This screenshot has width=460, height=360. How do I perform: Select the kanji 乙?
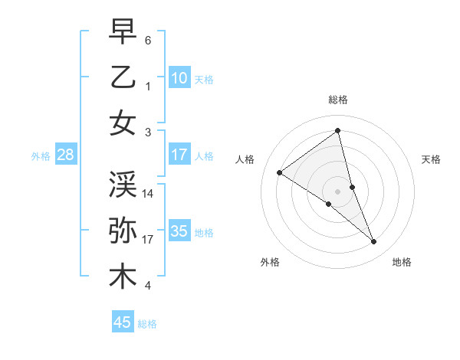(123, 77)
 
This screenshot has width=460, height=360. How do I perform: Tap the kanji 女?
(123, 123)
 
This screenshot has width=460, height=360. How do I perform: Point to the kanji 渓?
(123, 183)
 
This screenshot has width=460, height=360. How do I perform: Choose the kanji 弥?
(123, 230)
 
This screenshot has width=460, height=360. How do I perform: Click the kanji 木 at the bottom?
(123, 277)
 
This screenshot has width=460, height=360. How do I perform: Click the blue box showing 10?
(179, 77)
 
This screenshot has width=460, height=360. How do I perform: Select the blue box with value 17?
(179, 155)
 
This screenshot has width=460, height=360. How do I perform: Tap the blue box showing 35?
(179, 231)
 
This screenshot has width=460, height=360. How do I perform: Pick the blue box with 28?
(65, 155)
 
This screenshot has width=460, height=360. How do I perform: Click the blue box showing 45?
(123, 322)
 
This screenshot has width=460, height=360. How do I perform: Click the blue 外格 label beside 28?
(41, 155)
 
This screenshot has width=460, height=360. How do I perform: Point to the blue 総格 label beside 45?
(147, 323)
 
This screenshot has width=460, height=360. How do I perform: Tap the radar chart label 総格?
(338, 100)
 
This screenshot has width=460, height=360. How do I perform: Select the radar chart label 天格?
(432, 159)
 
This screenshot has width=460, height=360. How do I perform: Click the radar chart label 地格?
(402, 262)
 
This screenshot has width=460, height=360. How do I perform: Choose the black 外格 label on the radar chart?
(270, 262)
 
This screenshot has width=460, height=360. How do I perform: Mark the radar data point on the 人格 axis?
(280, 172)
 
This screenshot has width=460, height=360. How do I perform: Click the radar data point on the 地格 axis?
(374, 242)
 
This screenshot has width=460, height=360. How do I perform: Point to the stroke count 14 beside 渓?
(149, 193)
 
